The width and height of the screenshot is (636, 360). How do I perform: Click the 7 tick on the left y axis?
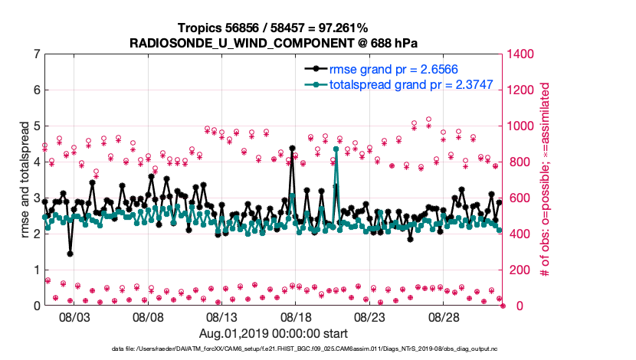click(37, 54)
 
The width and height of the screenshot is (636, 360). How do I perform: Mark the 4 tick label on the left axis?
click(37, 162)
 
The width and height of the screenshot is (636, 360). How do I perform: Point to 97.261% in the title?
click(325, 28)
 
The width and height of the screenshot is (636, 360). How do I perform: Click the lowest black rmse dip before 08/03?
click(70, 254)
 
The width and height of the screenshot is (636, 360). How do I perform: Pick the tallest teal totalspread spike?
click(336, 149)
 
